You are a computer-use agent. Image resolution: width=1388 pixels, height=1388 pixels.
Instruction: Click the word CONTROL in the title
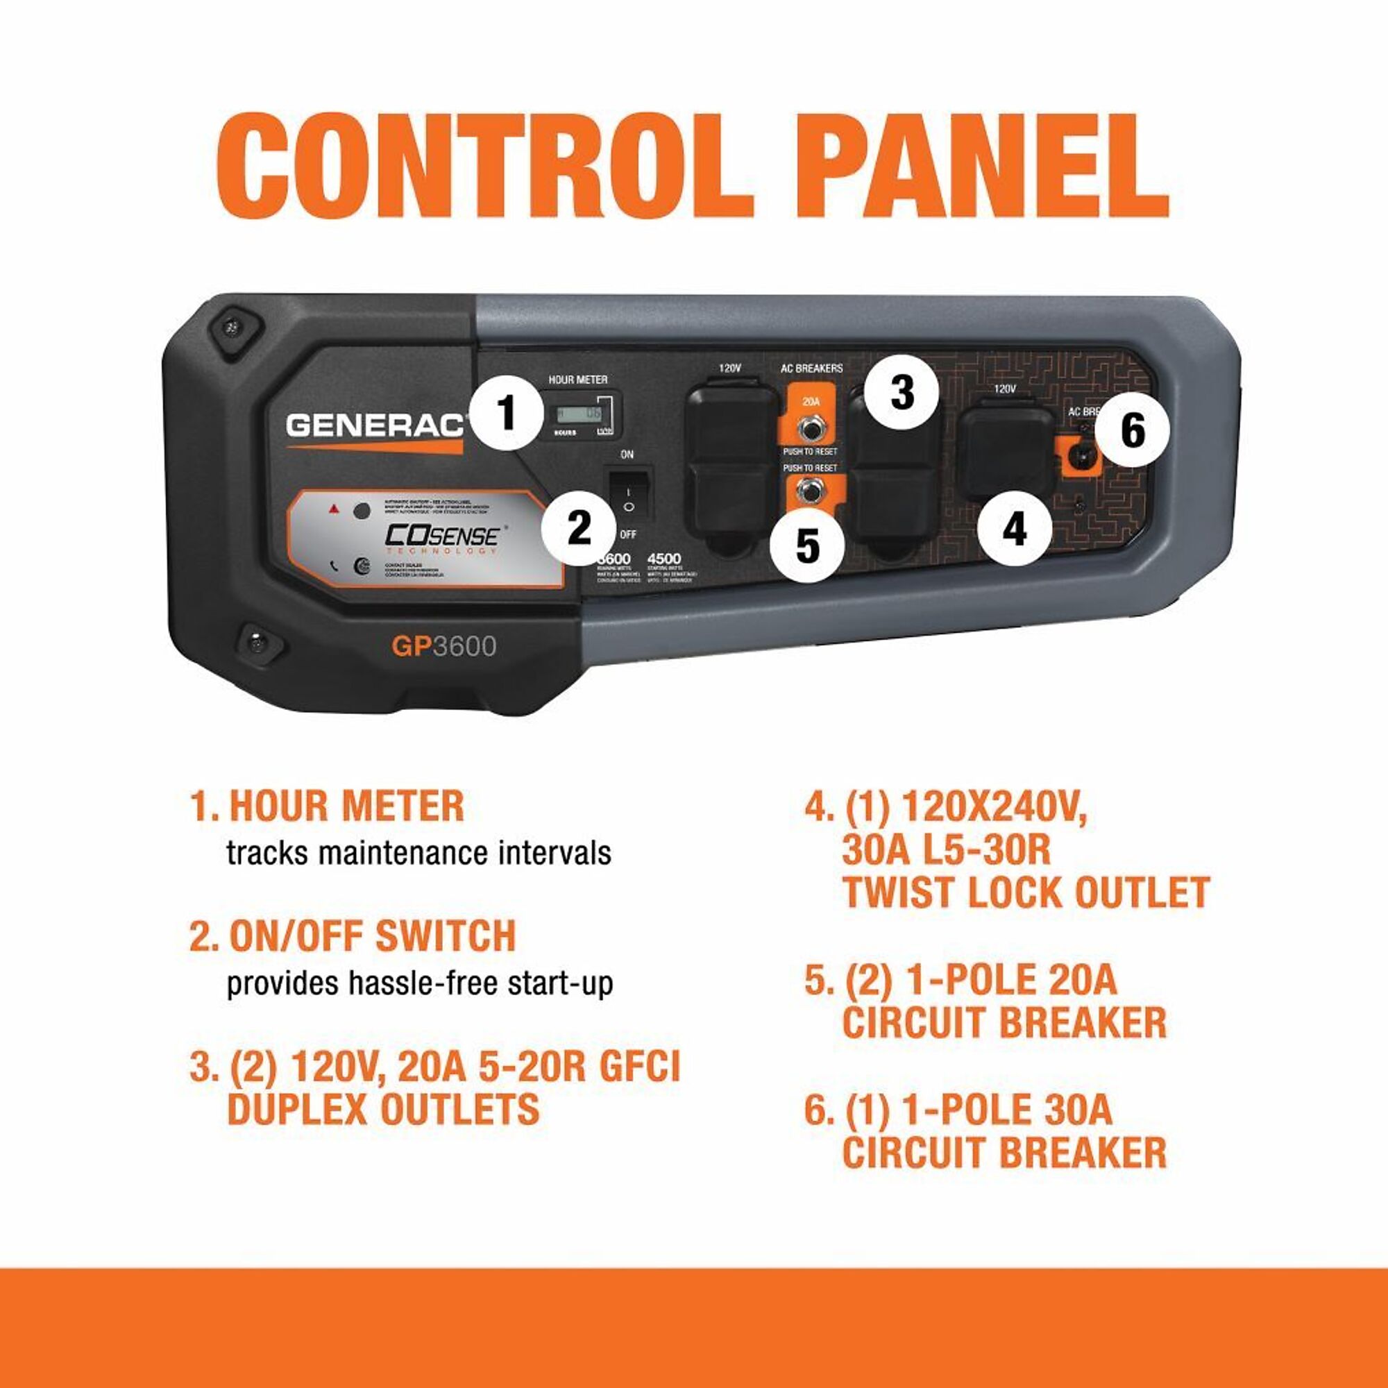click(x=484, y=166)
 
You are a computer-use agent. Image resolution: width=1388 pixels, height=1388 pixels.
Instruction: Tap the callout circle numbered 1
click(x=507, y=414)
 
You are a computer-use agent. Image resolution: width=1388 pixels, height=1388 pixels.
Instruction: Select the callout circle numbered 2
click(x=578, y=528)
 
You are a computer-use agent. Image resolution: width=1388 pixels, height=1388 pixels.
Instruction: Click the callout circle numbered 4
click(x=1014, y=530)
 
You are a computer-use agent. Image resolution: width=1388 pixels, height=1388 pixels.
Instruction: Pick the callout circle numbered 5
click(x=807, y=546)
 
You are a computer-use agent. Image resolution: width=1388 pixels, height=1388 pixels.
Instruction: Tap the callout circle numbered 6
click(x=1132, y=431)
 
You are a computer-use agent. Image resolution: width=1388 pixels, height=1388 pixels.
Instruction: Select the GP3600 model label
click(x=443, y=647)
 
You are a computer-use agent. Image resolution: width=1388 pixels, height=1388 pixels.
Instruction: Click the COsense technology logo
click(x=442, y=537)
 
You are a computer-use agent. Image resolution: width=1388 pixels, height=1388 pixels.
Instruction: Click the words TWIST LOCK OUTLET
click(x=1026, y=892)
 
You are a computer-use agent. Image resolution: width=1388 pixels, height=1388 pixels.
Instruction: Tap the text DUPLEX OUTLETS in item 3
click(x=383, y=1108)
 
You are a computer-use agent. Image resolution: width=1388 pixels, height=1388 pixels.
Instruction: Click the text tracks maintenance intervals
click(x=419, y=854)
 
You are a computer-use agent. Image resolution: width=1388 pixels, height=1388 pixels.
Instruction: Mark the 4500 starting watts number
click(x=664, y=558)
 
